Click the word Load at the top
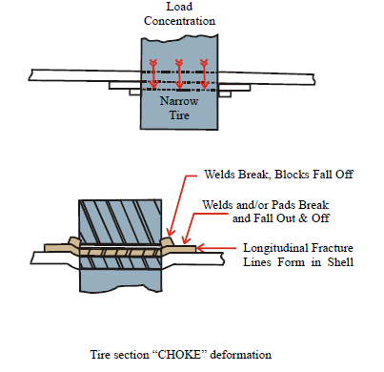pos(179,7)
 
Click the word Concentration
pos(179,21)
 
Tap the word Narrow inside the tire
pos(179,101)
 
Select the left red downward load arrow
pos(153,74)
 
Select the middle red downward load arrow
pos(179,74)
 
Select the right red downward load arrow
pos(204,74)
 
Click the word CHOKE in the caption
pos(179,354)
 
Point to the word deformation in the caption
pos(241,354)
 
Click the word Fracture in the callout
pos(333,248)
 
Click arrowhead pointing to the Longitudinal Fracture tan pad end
pos(200,248)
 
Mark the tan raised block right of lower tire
pos(168,241)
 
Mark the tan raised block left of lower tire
pos(73,241)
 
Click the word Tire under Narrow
pos(179,114)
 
